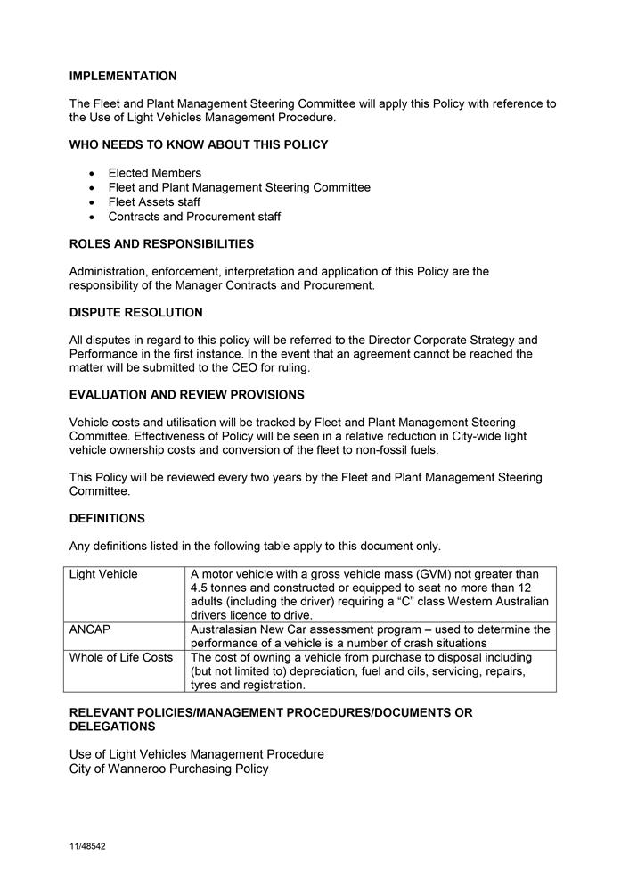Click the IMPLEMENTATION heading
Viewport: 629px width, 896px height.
(123, 77)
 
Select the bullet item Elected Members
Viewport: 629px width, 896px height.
(155, 173)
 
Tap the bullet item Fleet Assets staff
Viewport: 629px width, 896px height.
(154, 202)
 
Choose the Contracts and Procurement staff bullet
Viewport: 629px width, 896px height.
(194, 217)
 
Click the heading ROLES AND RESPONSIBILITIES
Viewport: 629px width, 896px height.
(161, 244)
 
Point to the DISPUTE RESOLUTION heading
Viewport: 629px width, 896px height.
(135, 313)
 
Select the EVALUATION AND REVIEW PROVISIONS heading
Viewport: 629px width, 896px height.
(186, 395)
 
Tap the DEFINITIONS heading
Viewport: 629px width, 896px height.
(107, 519)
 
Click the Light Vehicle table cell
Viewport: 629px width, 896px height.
(103, 574)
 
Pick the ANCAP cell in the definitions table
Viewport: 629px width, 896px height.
(90, 629)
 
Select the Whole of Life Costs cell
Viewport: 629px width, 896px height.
(121, 658)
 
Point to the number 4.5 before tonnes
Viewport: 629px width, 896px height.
(200, 588)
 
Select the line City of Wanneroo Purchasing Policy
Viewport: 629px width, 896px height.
(168, 769)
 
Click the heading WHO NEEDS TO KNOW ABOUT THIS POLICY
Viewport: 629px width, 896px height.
(199, 145)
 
